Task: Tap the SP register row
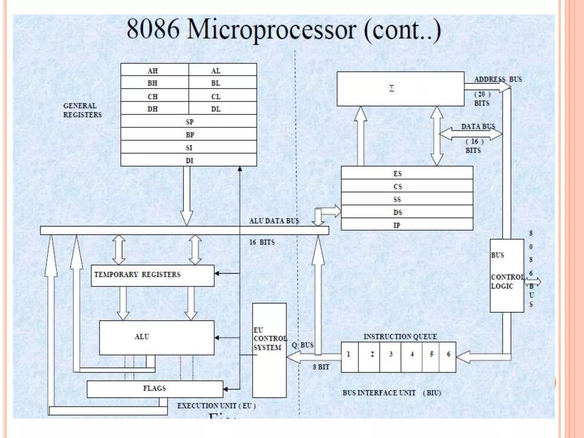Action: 189,121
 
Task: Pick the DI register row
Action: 189,160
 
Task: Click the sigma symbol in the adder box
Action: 392,88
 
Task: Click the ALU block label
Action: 142,336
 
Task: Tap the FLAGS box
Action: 155,388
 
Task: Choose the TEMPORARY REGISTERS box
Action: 153,275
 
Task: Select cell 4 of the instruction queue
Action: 411,357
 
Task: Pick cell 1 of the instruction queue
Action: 349,357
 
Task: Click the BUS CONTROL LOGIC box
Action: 506,275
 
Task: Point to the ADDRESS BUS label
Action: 498,79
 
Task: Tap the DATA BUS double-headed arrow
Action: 471,133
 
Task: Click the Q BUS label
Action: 302,345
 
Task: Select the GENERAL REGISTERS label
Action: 82,110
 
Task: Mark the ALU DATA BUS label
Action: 274,221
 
